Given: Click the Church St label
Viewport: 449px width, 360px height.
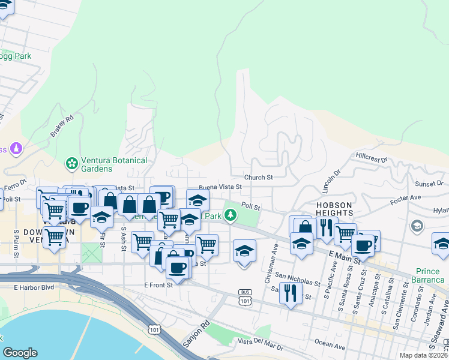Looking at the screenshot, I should (259, 178).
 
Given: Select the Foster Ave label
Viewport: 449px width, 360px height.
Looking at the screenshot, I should (405, 198).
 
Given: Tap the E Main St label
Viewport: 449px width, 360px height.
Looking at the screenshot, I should (344, 256).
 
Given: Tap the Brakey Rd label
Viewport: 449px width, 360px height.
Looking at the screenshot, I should (62, 126).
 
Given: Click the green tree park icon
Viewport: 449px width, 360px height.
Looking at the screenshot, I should (230, 215).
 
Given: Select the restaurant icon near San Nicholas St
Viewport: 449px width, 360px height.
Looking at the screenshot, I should (291, 293).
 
